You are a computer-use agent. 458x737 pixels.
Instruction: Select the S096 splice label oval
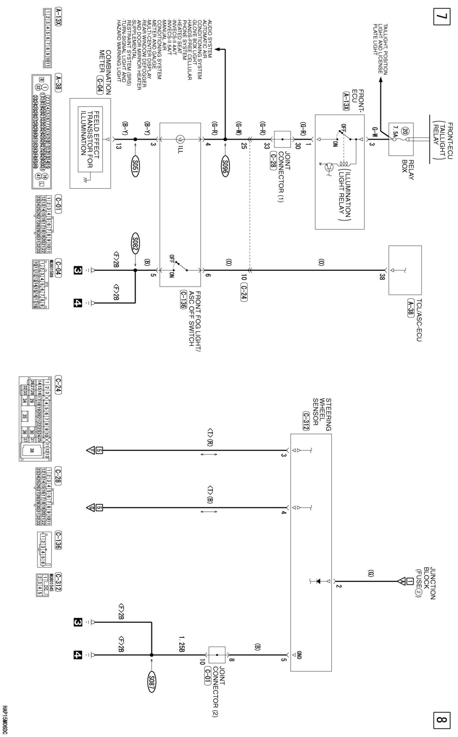225,167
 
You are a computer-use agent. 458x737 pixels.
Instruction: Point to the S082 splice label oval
135,243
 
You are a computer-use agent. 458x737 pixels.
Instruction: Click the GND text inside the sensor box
299,656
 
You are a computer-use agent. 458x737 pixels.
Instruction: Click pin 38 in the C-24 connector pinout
32,450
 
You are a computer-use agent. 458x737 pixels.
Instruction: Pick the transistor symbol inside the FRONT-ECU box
329,165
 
